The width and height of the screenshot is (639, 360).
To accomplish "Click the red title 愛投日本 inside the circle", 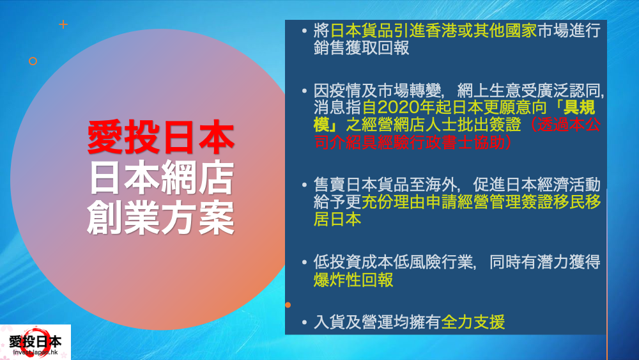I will (160, 137).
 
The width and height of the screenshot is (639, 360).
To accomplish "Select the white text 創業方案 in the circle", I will (160, 218).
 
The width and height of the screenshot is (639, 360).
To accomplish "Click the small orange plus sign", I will (63, 25).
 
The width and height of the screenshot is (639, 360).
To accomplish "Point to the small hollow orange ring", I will (33, 61).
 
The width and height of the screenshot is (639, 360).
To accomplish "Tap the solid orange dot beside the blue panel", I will (288, 304).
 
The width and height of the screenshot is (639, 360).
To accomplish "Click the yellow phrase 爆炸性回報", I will (353, 280).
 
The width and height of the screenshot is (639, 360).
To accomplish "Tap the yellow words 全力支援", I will (473, 322).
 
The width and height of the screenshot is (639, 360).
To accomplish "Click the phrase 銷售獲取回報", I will (361, 49).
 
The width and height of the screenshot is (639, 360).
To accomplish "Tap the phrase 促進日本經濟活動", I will (537, 185).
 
